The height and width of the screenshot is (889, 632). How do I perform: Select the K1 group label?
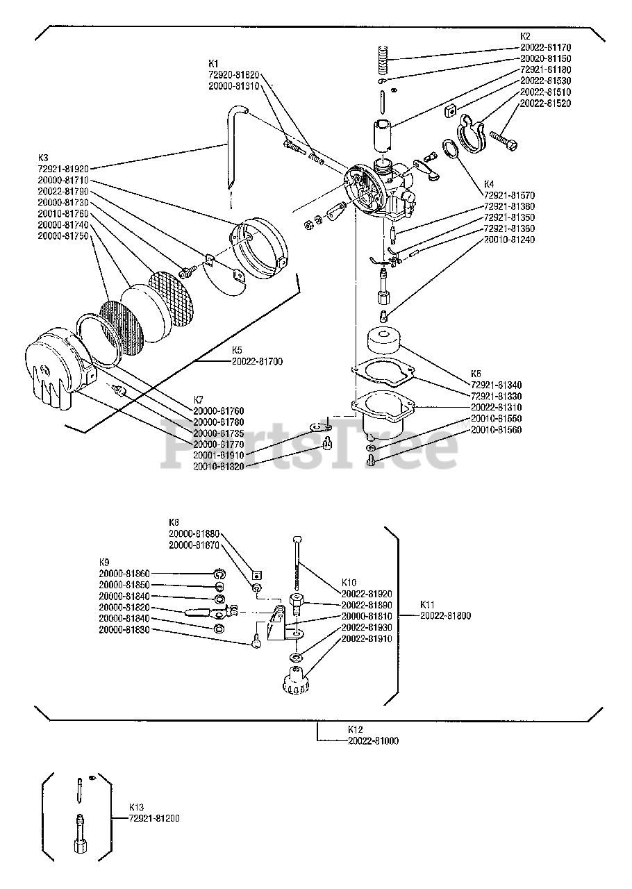[x=213, y=63]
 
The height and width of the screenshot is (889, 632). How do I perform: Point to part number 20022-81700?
[x=257, y=362]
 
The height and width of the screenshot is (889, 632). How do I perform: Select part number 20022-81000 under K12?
[x=373, y=741]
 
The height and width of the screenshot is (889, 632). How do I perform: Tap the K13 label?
[x=136, y=808]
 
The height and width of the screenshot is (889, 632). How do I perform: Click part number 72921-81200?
[x=154, y=819]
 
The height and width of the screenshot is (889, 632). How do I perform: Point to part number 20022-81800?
[x=445, y=615]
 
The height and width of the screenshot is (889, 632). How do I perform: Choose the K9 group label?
[x=104, y=561]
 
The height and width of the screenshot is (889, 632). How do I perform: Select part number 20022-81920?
[x=367, y=594]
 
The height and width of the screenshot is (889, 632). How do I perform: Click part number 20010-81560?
[x=496, y=430]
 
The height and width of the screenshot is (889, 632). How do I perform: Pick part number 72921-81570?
[x=510, y=195]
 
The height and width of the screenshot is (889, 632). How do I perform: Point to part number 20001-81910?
[x=219, y=455]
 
